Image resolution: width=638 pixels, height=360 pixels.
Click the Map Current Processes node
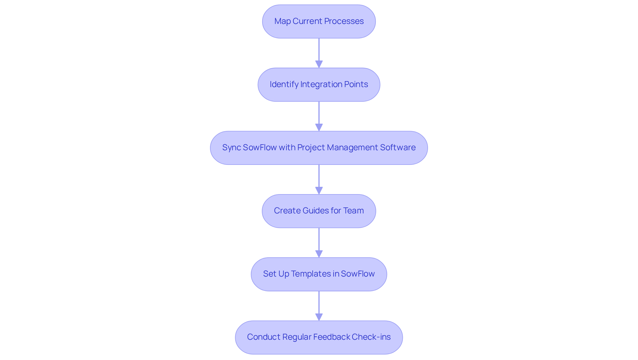[x=319, y=21]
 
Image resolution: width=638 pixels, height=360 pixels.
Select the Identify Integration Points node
[x=319, y=84]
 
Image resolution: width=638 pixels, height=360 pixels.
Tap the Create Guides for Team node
[x=319, y=211]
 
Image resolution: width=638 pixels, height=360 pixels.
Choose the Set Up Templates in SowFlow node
[x=319, y=274]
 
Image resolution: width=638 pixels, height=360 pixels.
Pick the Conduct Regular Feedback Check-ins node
[x=319, y=337]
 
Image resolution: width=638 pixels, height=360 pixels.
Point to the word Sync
[x=231, y=148]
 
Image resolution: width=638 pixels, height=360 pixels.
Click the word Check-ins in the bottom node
[x=371, y=337]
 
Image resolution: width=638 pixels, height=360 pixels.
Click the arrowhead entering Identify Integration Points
[x=319, y=64]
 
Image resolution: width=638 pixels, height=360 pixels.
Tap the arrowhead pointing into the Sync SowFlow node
[x=319, y=127]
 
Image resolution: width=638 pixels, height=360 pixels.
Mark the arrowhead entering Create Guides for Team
[x=319, y=190]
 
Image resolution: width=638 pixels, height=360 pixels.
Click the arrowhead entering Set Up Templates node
[x=319, y=254]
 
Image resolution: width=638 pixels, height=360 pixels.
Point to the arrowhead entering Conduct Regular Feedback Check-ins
[x=319, y=317]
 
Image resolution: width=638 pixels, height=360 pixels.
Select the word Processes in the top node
[x=344, y=21]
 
